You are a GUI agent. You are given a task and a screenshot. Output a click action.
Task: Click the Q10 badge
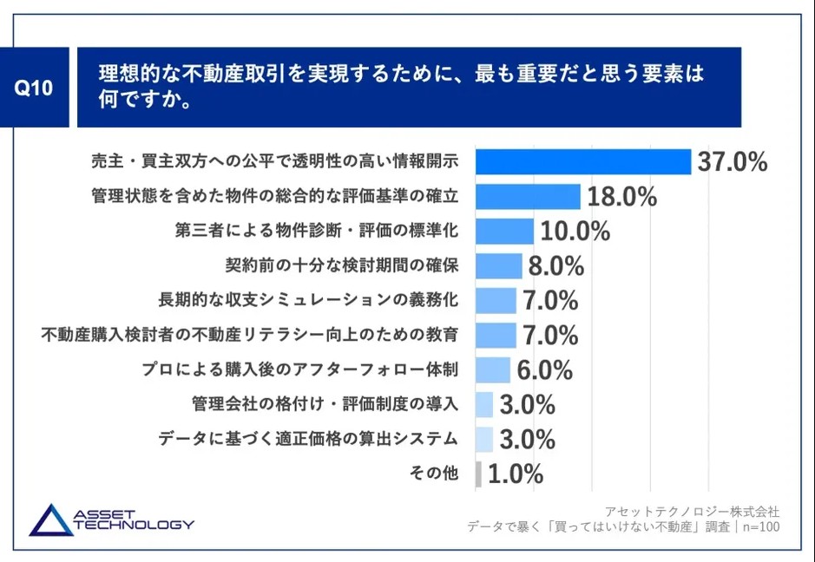(36, 89)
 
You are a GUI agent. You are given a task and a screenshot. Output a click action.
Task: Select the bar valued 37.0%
(583, 162)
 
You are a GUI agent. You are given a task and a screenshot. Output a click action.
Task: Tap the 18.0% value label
(621, 197)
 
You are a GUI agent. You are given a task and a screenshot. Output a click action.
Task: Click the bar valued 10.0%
(504, 232)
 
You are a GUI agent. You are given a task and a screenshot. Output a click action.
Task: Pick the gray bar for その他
(478, 474)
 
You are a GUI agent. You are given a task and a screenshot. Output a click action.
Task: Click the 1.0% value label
(516, 474)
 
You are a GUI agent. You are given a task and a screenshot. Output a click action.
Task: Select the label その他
(432, 474)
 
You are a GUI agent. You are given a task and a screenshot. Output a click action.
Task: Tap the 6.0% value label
(544, 370)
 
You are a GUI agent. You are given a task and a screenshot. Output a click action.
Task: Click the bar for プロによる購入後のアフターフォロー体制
(493, 370)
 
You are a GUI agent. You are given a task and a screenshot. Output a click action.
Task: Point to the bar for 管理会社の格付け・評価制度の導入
(484, 405)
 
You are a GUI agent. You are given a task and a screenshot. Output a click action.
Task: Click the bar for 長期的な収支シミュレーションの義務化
(496, 301)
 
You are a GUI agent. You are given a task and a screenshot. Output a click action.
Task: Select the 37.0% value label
(733, 162)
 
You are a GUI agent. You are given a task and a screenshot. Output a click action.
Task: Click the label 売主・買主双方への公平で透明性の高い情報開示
(273, 162)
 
